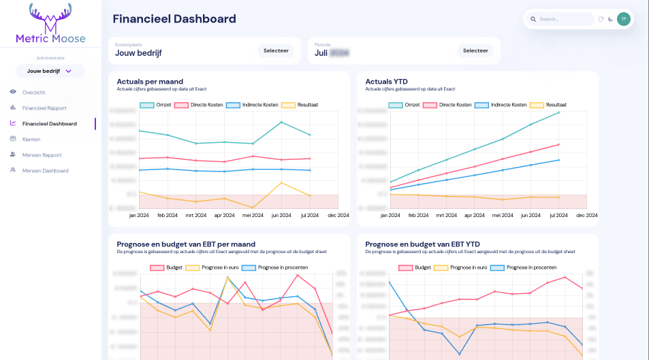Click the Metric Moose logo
point(50,23)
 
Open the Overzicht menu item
point(33,92)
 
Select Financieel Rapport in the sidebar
point(44,108)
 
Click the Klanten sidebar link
point(31,139)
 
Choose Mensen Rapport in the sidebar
point(42,154)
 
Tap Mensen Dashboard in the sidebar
point(45,170)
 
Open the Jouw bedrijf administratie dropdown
point(50,71)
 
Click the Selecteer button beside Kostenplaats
point(276,50)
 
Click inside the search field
point(564,19)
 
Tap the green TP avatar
point(623,19)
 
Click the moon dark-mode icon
point(610,19)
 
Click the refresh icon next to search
point(601,19)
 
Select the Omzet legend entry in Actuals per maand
point(156,105)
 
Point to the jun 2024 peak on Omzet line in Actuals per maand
point(281,122)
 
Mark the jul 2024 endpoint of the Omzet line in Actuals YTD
point(558,112)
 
